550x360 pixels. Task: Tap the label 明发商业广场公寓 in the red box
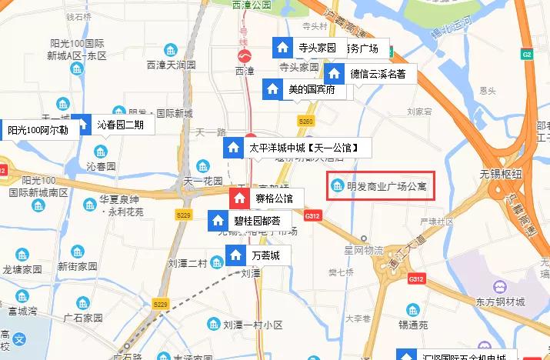click(x=386, y=185)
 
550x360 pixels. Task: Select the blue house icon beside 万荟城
click(x=238, y=255)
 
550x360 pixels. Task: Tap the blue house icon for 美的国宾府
click(x=272, y=89)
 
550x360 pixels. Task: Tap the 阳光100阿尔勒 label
click(x=38, y=130)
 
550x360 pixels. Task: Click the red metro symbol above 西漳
click(x=244, y=56)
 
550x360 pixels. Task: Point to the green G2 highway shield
click(x=527, y=55)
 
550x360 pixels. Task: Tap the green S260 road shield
click(x=306, y=122)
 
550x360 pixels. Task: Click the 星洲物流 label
click(x=364, y=250)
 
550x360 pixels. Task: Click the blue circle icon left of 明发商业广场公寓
click(x=337, y=185)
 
